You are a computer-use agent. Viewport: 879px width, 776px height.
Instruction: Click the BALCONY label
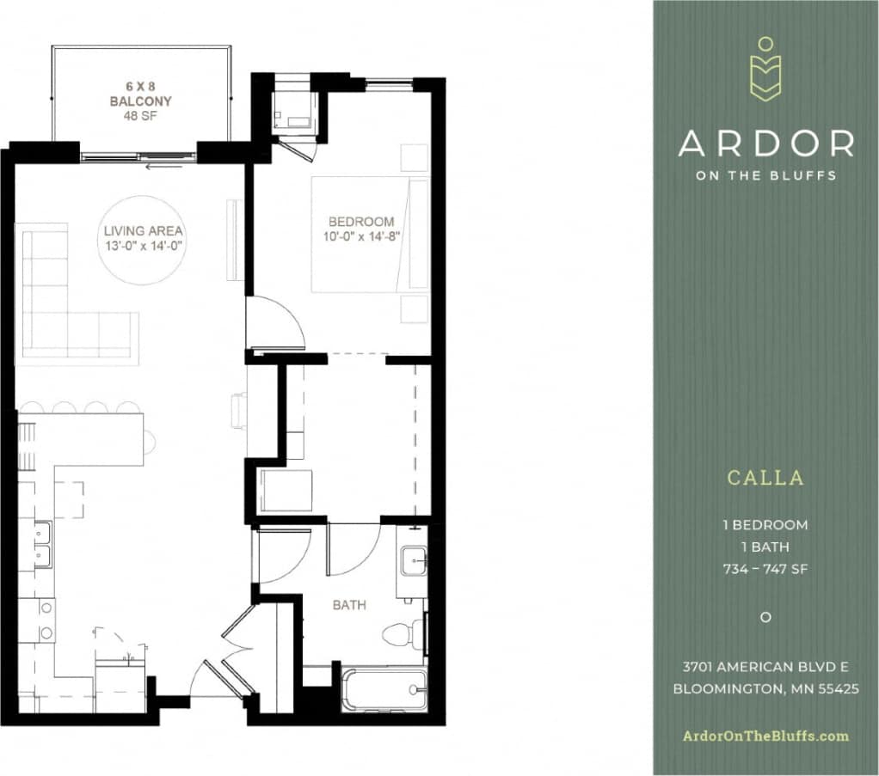pyautogui.click(x=140, y=101)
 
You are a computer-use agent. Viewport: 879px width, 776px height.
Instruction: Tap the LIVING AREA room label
pyautogui.click(x=144, y=231)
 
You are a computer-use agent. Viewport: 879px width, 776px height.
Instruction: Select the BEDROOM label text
pyautogui.click(x=361, y=222)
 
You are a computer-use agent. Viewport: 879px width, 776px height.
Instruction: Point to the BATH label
pyautogui.click(x=349, y=605)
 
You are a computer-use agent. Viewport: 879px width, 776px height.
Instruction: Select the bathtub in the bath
pyautogui.click(x=384, y=689)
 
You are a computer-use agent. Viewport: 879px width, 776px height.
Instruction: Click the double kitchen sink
pyautogui.click(x=41, y=544)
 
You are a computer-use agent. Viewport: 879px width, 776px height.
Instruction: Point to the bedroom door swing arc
pyautogui.click(x=277, y=322)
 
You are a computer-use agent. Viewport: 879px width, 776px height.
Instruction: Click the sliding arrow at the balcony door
pyautogui.click(x=164, y=166)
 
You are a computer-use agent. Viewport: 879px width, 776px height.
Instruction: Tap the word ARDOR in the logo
pyautogui.click(x=765, y=144)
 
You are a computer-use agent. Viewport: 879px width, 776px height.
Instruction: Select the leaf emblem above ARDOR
pyautogui.click(x=765, y=70)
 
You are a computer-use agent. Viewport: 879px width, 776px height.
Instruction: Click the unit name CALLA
pyautogui.click(x=765, y=478)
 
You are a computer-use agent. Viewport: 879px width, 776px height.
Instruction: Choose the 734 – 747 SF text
pyautogui.click(x=765, y=568)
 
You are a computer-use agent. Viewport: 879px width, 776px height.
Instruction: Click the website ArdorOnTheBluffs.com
pyautogui.click(x=765, y=736)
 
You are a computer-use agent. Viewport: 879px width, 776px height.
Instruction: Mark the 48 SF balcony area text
pyautogui.click(x=140, y=115)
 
